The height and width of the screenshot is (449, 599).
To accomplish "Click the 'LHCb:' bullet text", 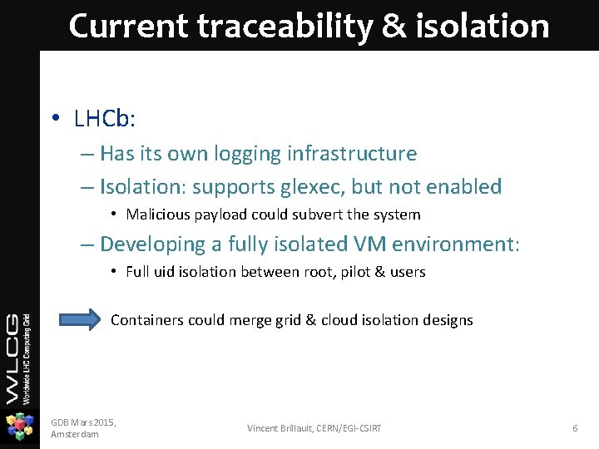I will [105, 119].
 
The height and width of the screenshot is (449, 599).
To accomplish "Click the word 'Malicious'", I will [157, 215].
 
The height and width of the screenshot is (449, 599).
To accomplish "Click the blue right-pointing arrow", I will [81, 319].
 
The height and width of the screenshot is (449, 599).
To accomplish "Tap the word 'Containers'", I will [147, 320].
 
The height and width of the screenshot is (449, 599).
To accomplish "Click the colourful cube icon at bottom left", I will [19, 427].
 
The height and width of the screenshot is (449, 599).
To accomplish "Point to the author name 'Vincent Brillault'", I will [280, 428].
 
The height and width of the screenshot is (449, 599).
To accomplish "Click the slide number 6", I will [574, 428].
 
